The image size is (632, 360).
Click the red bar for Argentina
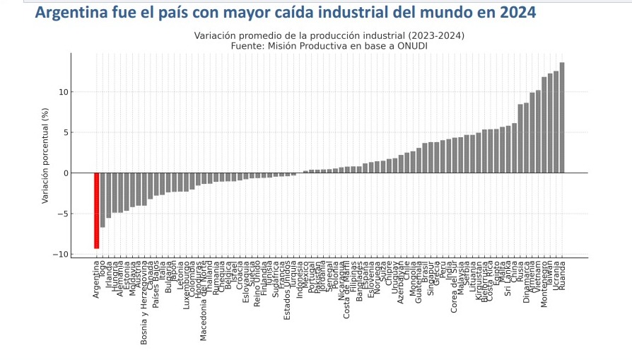tap(96, 210)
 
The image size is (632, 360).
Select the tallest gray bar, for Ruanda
tap(562, 117)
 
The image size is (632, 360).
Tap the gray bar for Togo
tap(103, 200)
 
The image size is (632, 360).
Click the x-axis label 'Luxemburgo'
tap(186, 286)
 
